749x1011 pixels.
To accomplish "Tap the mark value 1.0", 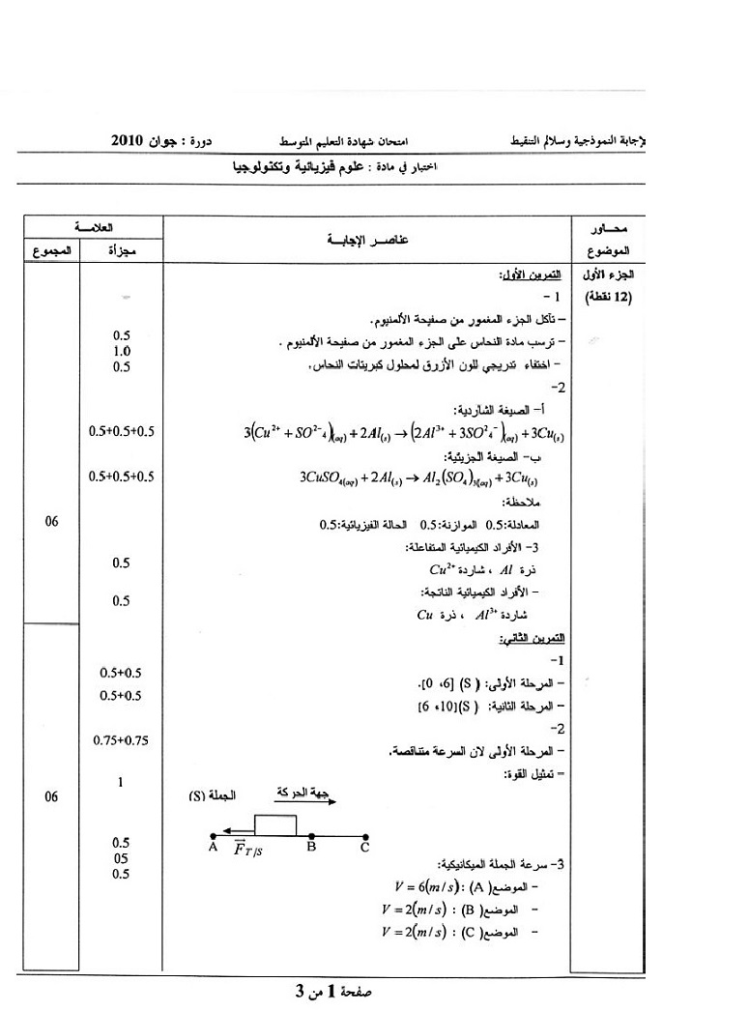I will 122,351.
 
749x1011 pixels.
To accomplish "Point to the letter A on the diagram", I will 212,848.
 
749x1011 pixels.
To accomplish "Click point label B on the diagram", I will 311,848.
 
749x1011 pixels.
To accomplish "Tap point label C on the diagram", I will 364,848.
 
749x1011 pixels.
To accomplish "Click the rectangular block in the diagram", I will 275,823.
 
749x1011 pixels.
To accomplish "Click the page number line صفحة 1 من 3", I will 334,991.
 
